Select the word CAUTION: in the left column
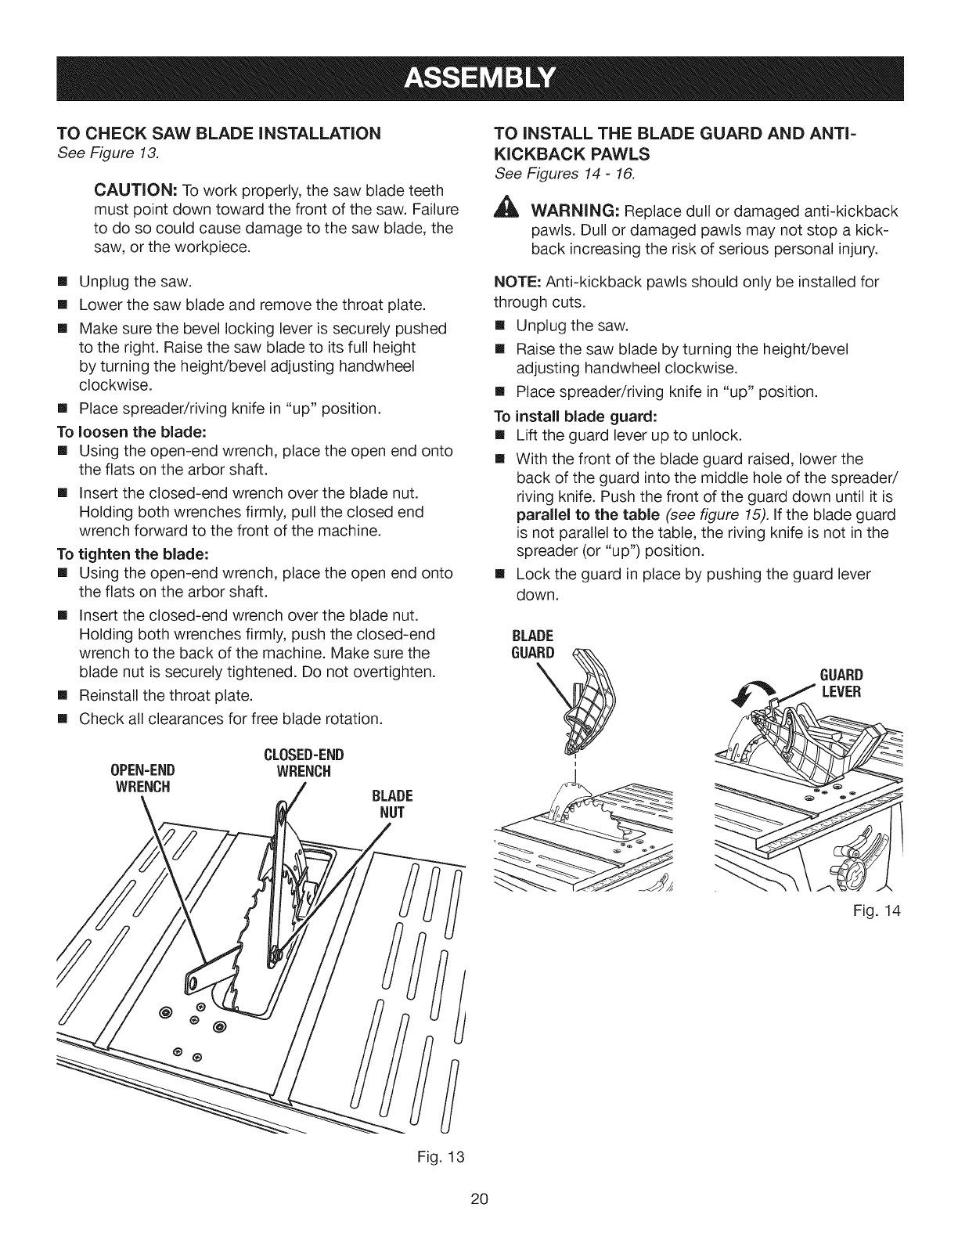pos(138,190)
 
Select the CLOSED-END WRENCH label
pos(302,764)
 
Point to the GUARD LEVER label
pos(840,683)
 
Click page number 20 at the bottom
pos(479,1199)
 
